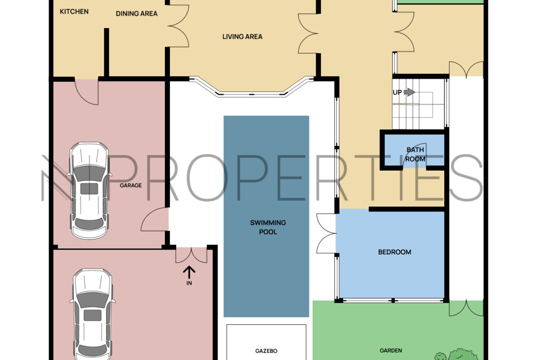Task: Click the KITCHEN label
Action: click(x=74, y=11)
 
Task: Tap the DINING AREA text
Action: click(x=137, y=14)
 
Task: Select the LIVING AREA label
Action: click(x=242, y=37)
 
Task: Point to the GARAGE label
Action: click(x=130, y=185)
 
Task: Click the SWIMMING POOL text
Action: click(x=268, y=227)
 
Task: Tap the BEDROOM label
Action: click(x=395, y=252)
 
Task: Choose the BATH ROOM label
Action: click(x=415, y=155)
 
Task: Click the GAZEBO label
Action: click(x=266, y=351)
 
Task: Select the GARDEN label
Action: click(x=391, y=351)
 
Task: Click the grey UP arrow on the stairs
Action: click(x=409, y=92)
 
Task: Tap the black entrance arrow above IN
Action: click(x=189, y=273)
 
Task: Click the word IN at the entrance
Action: click(x=189, y=283)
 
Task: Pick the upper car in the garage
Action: click(x=89, y=191)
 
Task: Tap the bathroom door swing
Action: click(x=414, y=156)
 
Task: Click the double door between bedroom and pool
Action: click(x=326, y=233)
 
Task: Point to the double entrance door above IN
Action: click(x=191, y=255)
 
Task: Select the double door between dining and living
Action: click(x=178, y=26)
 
